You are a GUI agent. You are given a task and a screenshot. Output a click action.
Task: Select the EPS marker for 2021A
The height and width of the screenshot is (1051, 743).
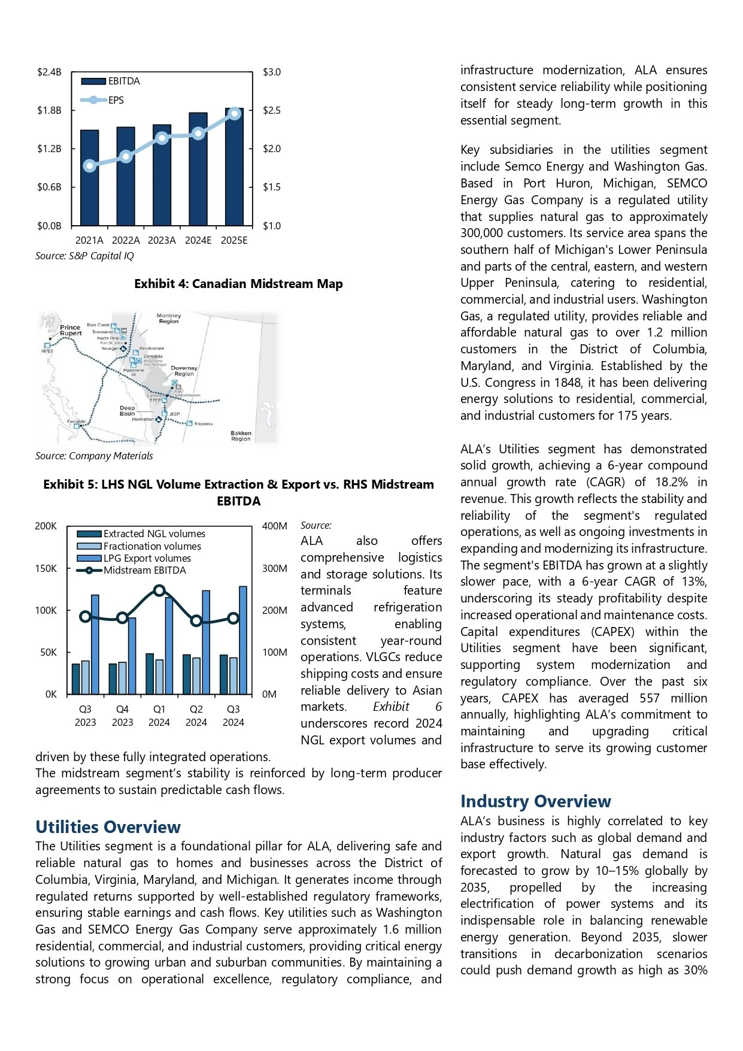tap(90, 166)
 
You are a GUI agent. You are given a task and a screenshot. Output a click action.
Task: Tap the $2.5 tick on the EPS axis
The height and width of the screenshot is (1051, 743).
tap(271, 111)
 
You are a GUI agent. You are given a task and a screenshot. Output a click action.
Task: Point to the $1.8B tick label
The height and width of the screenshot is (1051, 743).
tap(49, 111)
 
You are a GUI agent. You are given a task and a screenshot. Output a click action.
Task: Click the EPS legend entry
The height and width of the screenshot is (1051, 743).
tap(116, 100)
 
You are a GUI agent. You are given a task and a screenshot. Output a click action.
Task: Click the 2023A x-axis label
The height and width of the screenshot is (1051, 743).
tap(162, 240)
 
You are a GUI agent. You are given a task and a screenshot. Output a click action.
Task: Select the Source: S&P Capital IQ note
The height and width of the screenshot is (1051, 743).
tap(84, 256)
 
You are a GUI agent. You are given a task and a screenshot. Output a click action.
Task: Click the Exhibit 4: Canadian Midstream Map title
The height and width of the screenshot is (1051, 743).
tap(238, 284)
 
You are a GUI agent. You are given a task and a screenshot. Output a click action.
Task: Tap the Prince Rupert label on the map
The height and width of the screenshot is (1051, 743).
tap(71, 330)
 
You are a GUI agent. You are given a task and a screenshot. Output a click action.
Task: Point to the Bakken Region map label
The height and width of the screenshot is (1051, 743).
tap(241, 435)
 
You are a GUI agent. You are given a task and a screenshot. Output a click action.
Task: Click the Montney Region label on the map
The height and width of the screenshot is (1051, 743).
tap(169, 318)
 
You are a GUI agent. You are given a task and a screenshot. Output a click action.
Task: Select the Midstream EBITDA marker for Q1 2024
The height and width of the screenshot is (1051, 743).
tap(159, 590)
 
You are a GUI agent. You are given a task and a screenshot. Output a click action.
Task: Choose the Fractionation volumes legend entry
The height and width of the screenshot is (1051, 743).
tap(152, 546)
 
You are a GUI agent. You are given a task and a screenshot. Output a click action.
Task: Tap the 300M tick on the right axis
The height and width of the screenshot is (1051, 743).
tap(274, 568)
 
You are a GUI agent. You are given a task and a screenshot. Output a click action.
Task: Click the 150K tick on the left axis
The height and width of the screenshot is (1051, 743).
tap(46, 568)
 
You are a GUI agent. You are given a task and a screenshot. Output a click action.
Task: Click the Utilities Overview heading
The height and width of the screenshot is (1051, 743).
tap(108, 827)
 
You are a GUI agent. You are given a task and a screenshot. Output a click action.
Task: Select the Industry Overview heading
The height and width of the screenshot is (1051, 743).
tap(535, 801)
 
